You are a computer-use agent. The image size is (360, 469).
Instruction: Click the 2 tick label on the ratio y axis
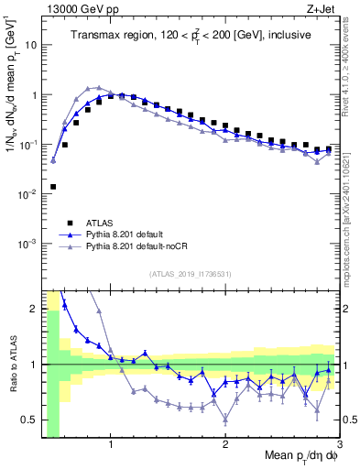point(34,308)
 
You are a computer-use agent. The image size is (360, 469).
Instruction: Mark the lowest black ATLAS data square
point(53,186)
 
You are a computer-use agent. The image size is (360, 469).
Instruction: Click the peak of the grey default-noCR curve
point(99,87)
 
